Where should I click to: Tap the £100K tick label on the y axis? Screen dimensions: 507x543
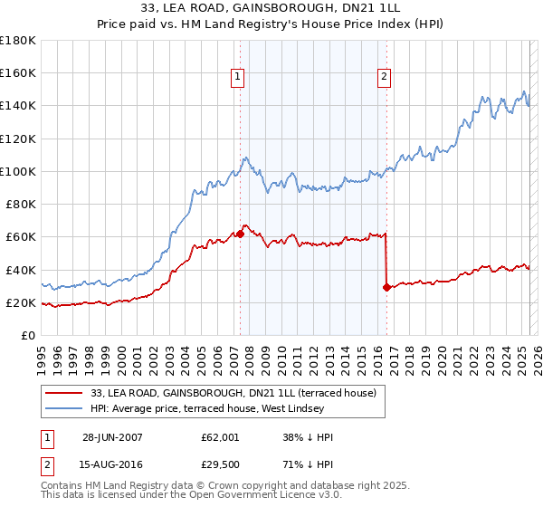point(18,171)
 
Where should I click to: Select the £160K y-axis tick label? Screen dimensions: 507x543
point(18,73)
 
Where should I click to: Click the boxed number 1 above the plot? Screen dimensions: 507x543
point(237,78)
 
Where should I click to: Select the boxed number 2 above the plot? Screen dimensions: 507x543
point(385,78)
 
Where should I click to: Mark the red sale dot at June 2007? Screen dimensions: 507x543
point(241,234)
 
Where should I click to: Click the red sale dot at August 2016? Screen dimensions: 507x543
point(386,287)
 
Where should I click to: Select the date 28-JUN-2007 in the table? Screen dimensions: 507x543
point(112,437)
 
